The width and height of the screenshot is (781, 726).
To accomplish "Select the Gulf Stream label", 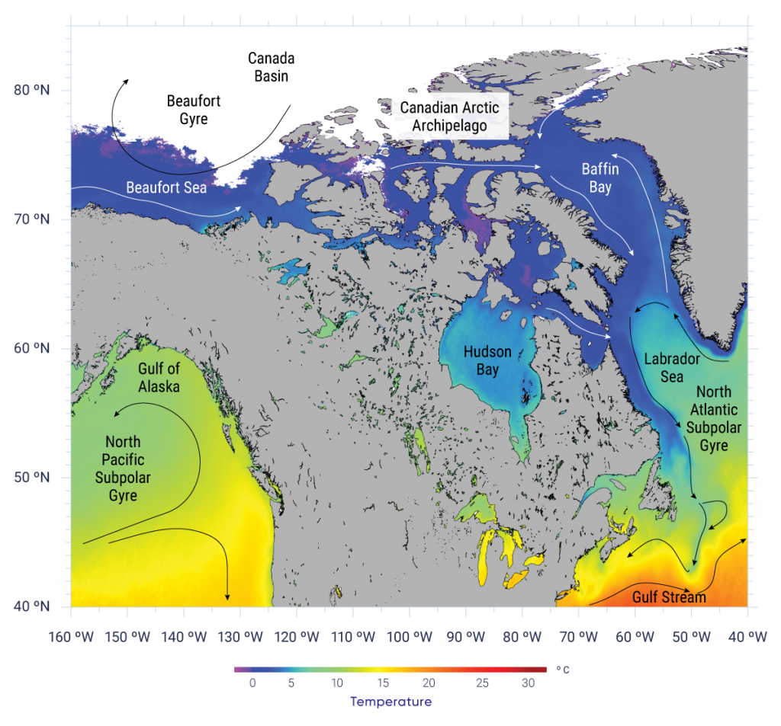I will click(669, 598).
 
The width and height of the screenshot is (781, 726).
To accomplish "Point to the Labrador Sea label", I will click(664, 367).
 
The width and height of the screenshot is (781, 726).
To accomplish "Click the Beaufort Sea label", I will click(166, 187).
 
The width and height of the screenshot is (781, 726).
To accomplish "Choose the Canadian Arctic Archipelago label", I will click(449, 117).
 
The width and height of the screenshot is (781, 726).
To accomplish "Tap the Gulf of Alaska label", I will click(159, 377).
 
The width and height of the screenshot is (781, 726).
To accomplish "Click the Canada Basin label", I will click(271, 67).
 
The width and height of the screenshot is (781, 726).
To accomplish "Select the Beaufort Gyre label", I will click(188, 110).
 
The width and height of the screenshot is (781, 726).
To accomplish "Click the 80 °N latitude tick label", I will click(32, 91).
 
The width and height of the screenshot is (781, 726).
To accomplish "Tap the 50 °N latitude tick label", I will click(32, 478).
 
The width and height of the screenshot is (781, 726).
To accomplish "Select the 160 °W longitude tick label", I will click(71, 637).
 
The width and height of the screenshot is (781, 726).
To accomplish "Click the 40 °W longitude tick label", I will click(747, 637).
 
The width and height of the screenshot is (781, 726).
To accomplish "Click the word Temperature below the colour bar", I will click(390, 702).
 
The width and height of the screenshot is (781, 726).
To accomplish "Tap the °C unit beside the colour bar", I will click(562, 670).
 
